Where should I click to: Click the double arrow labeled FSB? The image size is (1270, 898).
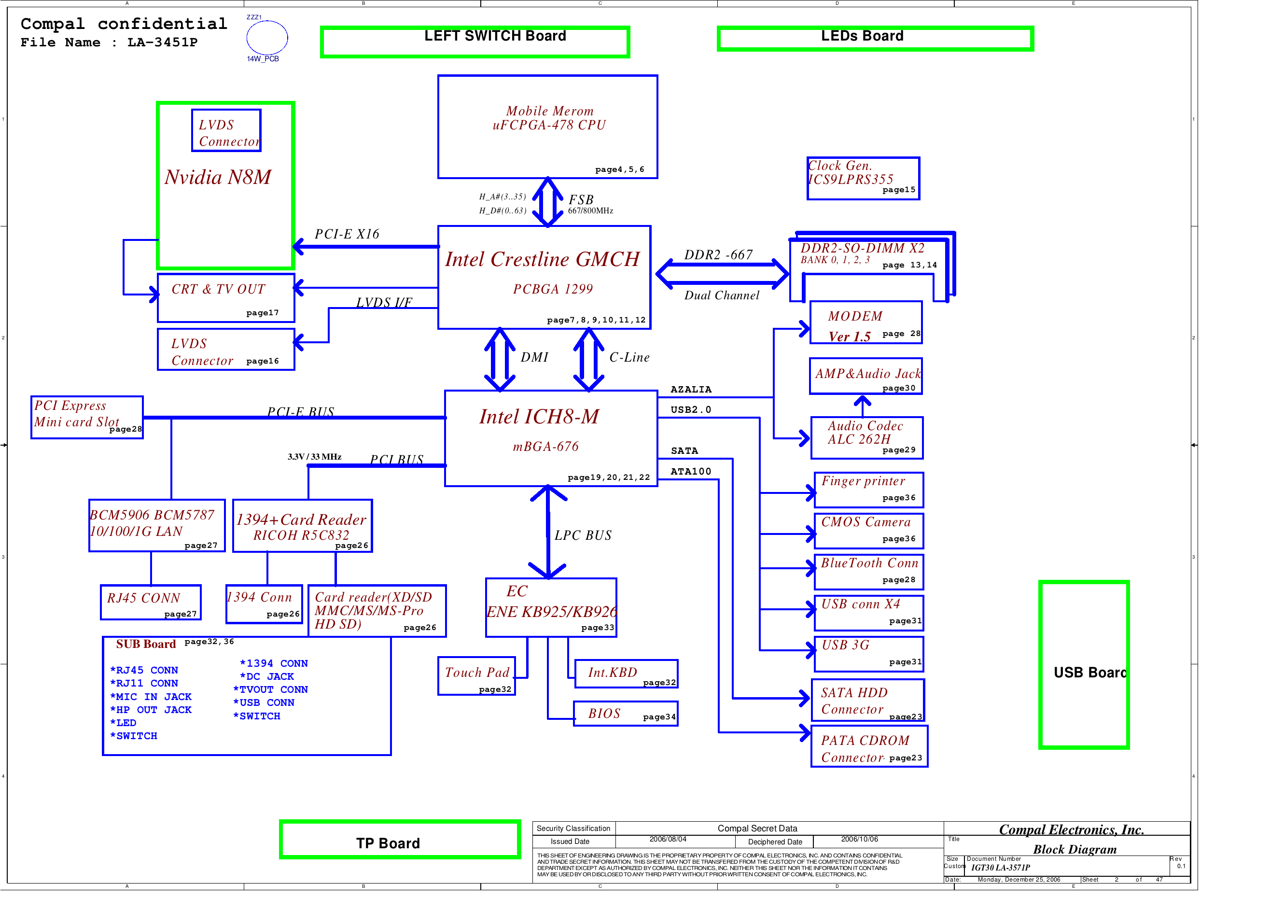[x=547, y=202]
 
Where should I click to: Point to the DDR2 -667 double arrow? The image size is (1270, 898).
[x=722, y=273]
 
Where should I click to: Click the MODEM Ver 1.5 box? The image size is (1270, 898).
[x=865, y=323]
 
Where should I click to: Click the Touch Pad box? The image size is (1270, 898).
[x=476, y=675]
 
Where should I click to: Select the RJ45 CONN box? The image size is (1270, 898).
[x=151, y=602]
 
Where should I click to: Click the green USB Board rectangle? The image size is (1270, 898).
[x=1084, y=665]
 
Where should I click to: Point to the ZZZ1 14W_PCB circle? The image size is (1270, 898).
[x=266, y=38]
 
